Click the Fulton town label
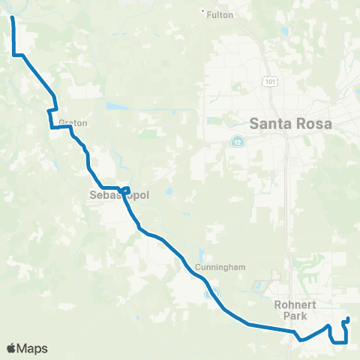[x=221, y=14]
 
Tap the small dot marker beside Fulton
[x=204, y=10]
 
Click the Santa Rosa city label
[x=293, y=123]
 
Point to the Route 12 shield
[x=237, y=141]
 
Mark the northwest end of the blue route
[x=13, y=14]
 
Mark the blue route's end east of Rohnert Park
[x=347, y=320]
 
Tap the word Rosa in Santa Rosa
[x=318, y=123]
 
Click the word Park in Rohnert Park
[x=289, y=316]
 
